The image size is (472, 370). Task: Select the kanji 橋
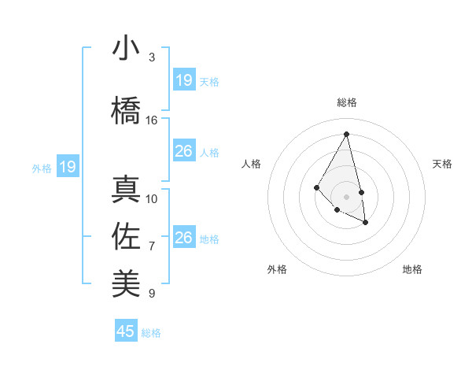pyautogui.click(x=126, y=110)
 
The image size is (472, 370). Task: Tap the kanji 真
pyautogui.click(x=126, y=190)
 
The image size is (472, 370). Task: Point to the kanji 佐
pyautogui.click(x=126, y=237)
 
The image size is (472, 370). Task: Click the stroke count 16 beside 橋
pyautogui.click(x=152, y=120)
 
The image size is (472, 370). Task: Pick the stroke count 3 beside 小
pyautogui.click(x=152, y=57)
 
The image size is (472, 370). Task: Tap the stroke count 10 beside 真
pyautogui.click(x=152, y=199)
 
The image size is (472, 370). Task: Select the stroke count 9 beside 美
pyautogui.click(x=152, y=294)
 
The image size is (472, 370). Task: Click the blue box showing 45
pyautogui.click(x=126, y=331)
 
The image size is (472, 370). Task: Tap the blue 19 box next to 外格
pyautogui.click(x=67, y=167)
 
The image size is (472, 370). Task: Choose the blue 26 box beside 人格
pyautogui.click(x=183, y=151)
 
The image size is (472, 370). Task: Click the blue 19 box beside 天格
pyautogui.click(x=183, y=80)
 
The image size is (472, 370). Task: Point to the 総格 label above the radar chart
pyautogui.click(x=347, y=102)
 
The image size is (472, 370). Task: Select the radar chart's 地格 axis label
pyautogui.click(x=412, y=269)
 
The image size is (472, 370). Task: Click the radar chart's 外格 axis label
pyautogui.click(x=277, y=269)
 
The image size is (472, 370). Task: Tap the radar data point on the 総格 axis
pyautogui.click(x=347, y=134)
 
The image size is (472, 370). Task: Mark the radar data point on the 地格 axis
pyautogui.click(x=366, y=223)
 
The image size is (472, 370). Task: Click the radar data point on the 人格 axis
pyautogui.click(x=316, y=187)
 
